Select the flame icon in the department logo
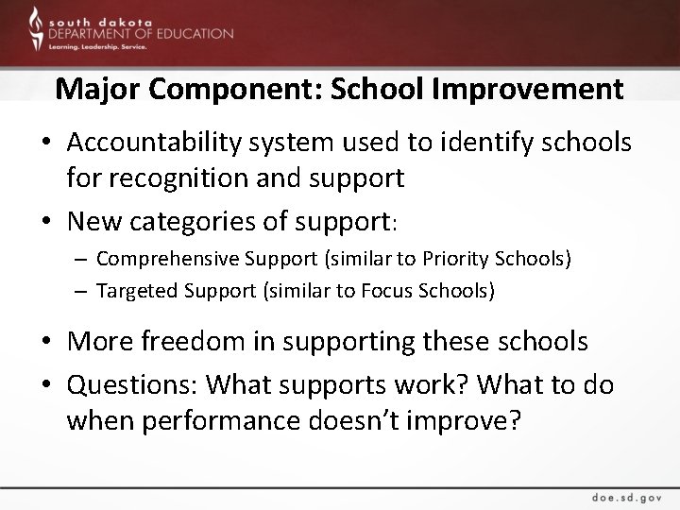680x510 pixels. pyautogui.click(x=34, y=28)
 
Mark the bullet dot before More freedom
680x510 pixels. pyautogui.click(x=45, y=342)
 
